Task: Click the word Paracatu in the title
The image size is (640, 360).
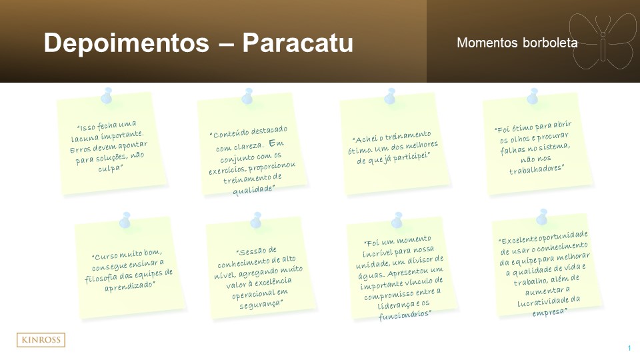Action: [297, 43]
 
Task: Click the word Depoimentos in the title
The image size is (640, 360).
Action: [127, 43]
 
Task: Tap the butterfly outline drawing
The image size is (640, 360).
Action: [603, 41]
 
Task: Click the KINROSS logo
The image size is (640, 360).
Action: [41, 340]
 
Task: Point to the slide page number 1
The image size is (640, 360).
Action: [629, 348]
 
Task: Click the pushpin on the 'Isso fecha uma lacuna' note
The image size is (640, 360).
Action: [107, 95]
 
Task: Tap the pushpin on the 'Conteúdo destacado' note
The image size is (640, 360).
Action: [247, 96]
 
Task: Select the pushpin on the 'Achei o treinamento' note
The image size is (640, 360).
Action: [390, 96]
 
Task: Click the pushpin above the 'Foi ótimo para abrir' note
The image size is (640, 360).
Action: [533, 96]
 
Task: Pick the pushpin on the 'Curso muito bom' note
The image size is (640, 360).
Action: [125, 220]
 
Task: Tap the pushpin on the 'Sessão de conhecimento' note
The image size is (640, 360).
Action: [256, 220]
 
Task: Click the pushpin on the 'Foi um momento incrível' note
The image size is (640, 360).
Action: [397, 220]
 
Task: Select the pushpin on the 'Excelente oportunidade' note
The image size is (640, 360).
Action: [543, 217]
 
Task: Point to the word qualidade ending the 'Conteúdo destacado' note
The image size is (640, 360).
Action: [253, 190]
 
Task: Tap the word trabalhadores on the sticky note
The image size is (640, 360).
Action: [537, 169]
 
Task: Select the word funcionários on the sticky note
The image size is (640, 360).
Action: [405, 315]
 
